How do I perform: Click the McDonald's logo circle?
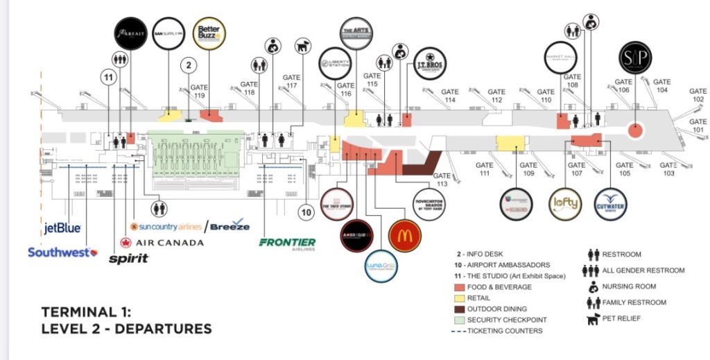[x=405, y=235]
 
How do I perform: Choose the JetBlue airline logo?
[x=62, y=228]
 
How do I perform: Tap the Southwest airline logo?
[x=62, y=252]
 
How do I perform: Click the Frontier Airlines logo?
[x=287, y=243]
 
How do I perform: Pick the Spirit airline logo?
[x=129, y=259]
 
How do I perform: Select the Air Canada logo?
[x=162, y=243]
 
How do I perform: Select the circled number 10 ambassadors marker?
[x=306, y=211]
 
